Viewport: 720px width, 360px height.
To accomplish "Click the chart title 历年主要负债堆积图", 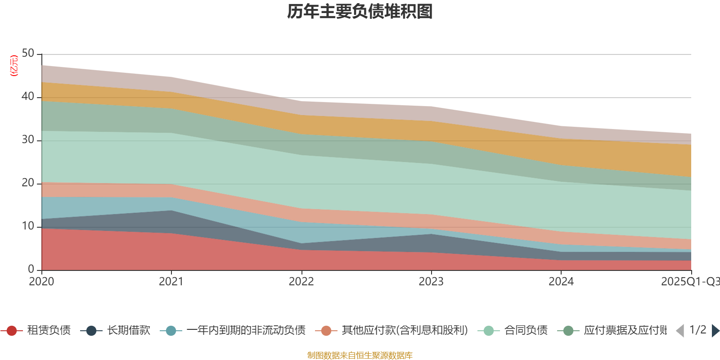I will pyautogui.click(x=360, y=12).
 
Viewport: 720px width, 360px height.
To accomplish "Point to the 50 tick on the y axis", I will pyautogui.click(x=28, y=54).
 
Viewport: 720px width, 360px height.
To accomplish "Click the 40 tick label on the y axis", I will pyautogui.click(x=28, y=97).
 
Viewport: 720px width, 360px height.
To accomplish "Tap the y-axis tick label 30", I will pyautogui.click(x=28, y=140).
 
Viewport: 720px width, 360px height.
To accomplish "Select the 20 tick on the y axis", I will pyautogui.click(x=28, y=183).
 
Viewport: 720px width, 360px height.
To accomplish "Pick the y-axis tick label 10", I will pyautogui.click(x=28, y=226).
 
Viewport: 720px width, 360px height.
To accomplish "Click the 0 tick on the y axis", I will pyautogui.click(x=31, y=269).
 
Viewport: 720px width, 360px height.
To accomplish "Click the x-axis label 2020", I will pyautogui.click(x=41, y=282).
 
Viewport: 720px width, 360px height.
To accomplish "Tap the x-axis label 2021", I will pyautogui.click(x=171, y=282).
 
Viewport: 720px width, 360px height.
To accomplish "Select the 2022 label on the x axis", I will pyautogui.click(x=301, y=282).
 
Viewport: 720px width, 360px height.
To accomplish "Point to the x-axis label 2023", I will pyautogui.click(x=431, y=282).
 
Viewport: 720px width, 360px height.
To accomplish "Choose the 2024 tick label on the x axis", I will pyautogui.click(x=561, y=282).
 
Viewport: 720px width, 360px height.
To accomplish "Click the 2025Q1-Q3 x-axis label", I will pyautogui.click(x=689, y=282).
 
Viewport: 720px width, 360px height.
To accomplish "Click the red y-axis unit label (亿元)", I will pyautogui.click(x=14, y=66).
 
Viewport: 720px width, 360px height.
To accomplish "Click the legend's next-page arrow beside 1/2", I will pyautogui.click(x=715, y=331).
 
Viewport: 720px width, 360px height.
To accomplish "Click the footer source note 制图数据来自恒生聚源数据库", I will pyautogui.click(x=360, y=355).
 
